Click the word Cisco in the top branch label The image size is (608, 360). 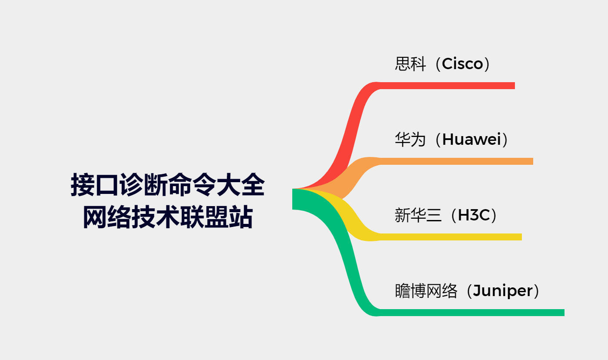[x=462, y=64]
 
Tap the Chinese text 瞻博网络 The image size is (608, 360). [x=426, y=291]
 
